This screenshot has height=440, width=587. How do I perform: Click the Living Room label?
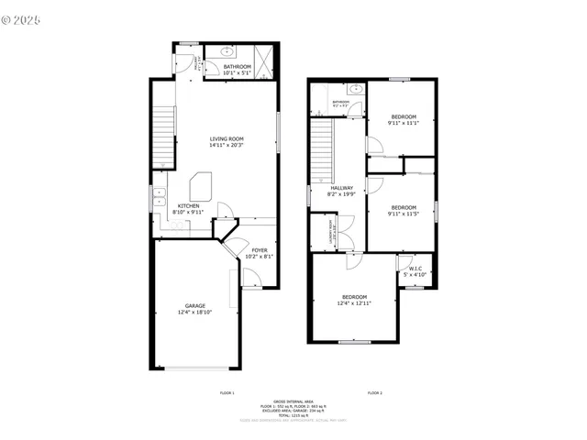pyautogui.click(x=226, y=137)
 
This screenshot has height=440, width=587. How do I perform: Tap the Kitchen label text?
pyautogui.click(x=189, y=206)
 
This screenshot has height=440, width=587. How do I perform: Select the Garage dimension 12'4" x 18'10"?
pyautogui.click(x=194, y=313)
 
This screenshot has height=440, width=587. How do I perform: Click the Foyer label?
pyautogui.click(x=260, y=250)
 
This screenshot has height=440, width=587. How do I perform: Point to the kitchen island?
pyautogui.click(x=203, y=187)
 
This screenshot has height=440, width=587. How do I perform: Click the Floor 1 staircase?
pyautogui.click(x=162, y=133)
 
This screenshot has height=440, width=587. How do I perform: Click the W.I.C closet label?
pyautogui.click(x=415, y=269)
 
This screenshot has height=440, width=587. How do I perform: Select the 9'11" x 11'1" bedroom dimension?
pyautogui.click(x=404, y=124)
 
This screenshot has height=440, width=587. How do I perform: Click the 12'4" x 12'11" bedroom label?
pyautogui.click(x=355, y=297)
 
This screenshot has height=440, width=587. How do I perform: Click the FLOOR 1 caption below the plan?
pyautogui.click(x=227, y=392)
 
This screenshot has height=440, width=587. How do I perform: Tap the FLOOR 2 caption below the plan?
pyautogui.click(x=374, y=392)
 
